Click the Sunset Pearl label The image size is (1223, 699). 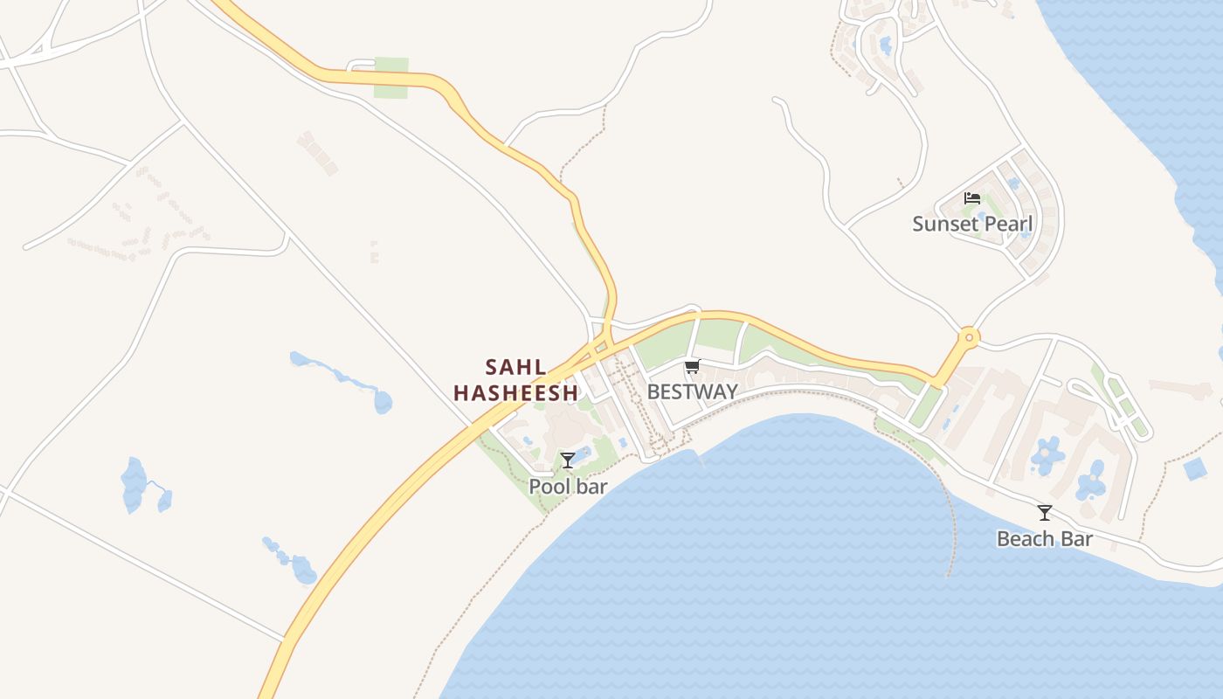(972, 224)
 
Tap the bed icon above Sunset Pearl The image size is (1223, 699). (972, 198)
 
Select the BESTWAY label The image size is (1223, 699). (692, 391)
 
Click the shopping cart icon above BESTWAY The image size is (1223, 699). (692, 366)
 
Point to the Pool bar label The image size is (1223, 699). (568, 486)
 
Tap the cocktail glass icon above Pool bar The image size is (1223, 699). (568, 460)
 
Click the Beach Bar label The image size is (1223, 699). (1044, 538)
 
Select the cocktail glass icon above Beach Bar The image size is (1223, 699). (1044, 512)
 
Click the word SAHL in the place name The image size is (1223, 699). (515, 367)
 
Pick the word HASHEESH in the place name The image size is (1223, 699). (515, 393)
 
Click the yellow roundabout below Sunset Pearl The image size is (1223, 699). (968, 336)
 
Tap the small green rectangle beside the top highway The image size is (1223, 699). (390, 78)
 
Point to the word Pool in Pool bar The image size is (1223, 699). (548, 486)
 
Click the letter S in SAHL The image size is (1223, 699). (491, 367)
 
